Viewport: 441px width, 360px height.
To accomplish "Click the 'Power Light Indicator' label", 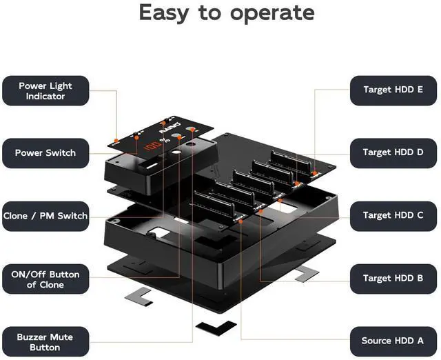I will pos(45,91).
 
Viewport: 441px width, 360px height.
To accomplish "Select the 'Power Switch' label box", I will pos(45,152).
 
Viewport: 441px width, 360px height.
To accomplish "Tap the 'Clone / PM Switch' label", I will pos(45,216).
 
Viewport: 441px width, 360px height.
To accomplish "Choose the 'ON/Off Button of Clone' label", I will pos(45,279).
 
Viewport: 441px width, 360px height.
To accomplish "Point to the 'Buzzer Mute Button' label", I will pos(45,342).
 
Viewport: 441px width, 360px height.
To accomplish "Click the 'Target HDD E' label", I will pos(393,90).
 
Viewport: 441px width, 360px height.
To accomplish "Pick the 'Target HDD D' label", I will pos(393,152).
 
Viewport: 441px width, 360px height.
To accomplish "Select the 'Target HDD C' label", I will pos(393,215).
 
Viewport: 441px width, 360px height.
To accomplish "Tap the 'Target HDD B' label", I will pos(393,278).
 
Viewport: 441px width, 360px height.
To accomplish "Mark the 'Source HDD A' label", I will pos(393,341).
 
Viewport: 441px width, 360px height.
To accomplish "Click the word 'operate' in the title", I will pos(265,13).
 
